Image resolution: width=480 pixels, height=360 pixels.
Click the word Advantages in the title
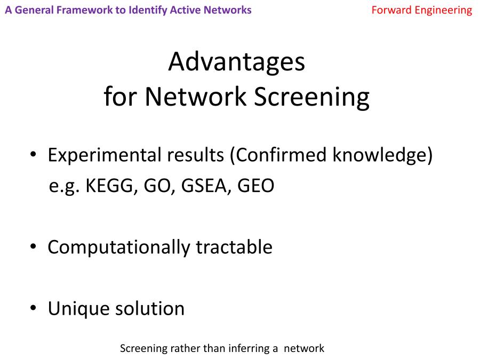(237, 62)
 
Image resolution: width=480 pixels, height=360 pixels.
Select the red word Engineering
(443, 11)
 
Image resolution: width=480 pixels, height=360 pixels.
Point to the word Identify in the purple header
(148, 11)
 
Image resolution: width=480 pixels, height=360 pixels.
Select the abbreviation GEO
(255, 186)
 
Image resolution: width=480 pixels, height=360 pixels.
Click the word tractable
(234, 247)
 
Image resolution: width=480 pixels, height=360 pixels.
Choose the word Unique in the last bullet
(78, 309)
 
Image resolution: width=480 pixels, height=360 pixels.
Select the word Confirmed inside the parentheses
(281, 155)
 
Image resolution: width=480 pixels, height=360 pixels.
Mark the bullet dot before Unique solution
(33, 308)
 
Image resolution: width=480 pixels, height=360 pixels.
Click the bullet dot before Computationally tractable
(33, 246)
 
